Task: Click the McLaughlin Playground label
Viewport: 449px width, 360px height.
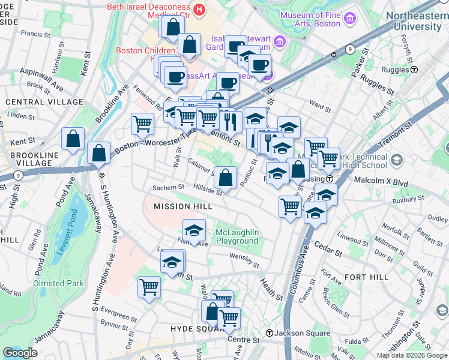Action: [x=237, y=236]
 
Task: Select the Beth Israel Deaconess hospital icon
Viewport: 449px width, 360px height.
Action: [x=199, y=10]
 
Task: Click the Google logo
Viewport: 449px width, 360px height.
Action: [x=20, y=353]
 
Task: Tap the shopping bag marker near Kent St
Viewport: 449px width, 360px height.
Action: [x=73, y=139]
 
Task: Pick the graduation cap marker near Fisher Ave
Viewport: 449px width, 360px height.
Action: [x=194, y=230]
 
